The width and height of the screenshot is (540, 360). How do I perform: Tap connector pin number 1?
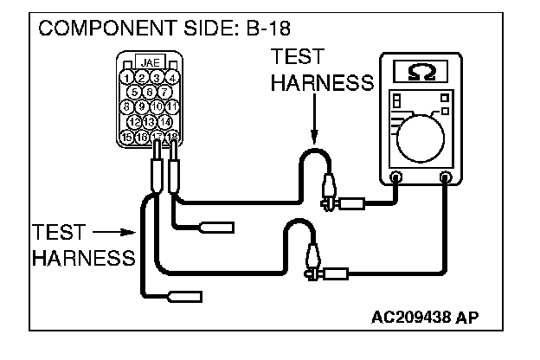pyautogui.click(x=128, y=78)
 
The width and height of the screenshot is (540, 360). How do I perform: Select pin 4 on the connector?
pyautogui.click(x=172, y=78)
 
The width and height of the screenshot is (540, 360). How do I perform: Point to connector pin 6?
pyautogui.click(x=150, y=92)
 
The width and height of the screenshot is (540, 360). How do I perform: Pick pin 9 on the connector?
pyautogui.click(x=143, y=106)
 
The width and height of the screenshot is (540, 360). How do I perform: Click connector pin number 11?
pyautogui.click(x=172, y=106)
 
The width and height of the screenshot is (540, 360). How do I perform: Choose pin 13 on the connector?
pyautogui.click(x=150, y=121)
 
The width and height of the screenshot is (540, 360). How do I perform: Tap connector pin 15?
pyautogui.click(x=128, y=136)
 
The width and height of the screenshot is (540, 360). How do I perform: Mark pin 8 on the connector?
pyautogui.click(x=128, y=106)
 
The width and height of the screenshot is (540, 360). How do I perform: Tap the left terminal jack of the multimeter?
pyautogui.click(x=395, y=178)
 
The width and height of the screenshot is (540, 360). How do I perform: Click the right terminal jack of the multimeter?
pyautogui.click(x=447, y=178)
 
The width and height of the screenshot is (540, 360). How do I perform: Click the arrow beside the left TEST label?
pyautogui.click(x=111, y=232)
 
